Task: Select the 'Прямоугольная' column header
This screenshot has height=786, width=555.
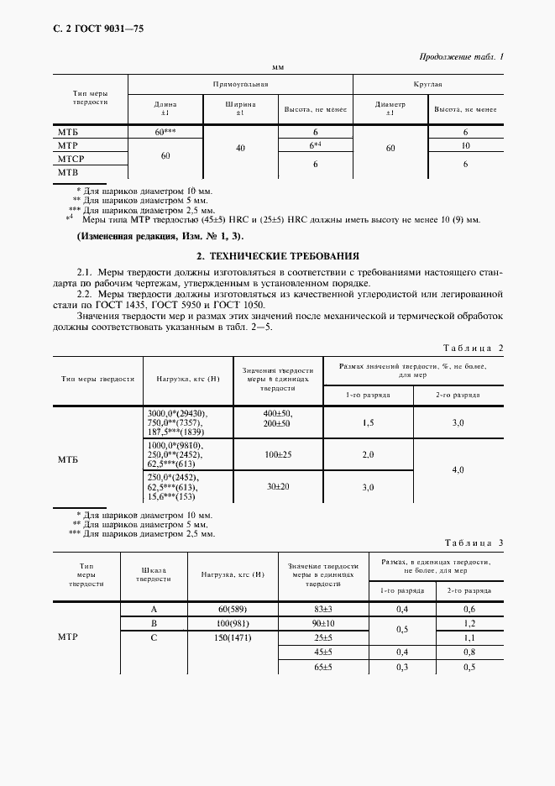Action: pos(240,85)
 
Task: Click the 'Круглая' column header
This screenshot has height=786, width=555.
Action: pos(428,85)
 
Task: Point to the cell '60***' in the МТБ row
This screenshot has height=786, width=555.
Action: pos(165,133)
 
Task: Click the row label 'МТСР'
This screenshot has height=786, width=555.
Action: pos(71,159)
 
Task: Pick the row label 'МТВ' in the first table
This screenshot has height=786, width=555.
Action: pos(67,171)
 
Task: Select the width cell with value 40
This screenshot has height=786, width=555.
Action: pos(240,148)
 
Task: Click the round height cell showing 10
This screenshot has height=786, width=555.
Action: pos(465,145)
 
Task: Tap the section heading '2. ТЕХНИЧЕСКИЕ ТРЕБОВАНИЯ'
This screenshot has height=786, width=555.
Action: pos(277,254)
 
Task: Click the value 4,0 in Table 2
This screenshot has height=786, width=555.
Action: pos(458,470)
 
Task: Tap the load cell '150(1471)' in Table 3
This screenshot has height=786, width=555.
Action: pos(228,637)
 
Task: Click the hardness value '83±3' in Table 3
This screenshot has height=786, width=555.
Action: pos(323,609)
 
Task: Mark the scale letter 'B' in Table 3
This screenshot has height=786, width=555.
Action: pos(154,623)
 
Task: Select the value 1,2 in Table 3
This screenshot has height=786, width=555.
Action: pos(469,623)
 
